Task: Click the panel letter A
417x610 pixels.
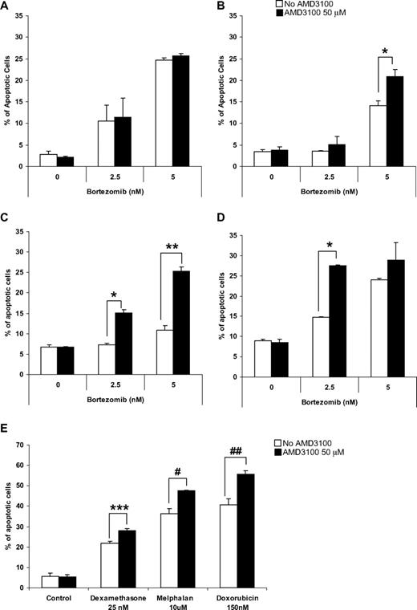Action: point(6,6)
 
